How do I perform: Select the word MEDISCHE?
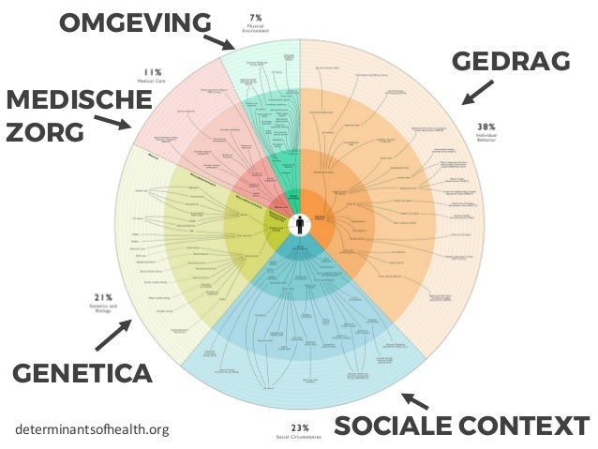(65, 100)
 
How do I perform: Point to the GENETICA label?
(82, 375)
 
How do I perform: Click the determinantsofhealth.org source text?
(93, 430)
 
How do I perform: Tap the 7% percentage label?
(255, 16)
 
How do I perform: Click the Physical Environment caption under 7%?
(255, 28)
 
